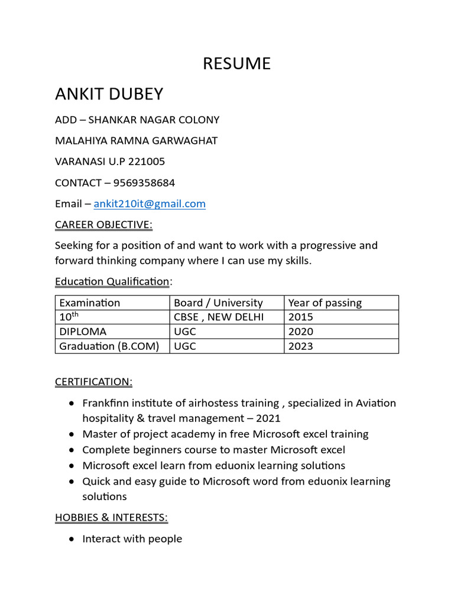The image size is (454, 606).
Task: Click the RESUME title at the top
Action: [236, 64]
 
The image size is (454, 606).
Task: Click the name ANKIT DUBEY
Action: [109, 94]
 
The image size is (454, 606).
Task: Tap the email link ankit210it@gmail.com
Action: [150, 204]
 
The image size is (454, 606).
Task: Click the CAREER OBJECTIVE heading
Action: [103, 225]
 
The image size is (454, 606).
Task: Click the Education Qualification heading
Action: [112, 282]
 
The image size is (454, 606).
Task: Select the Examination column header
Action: [90, 303]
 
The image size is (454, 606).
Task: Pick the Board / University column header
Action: [218, 303]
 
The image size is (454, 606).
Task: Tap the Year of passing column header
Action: [325, 303]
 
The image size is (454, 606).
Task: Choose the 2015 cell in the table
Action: [300, 317]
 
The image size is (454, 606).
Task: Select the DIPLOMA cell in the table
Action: [83, 331]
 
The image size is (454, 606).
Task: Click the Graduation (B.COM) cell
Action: [109, 346]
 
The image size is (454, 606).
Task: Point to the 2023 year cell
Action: [300, 346]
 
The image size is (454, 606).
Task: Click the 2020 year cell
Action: [300, 331]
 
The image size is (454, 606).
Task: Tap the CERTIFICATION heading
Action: [93, 382]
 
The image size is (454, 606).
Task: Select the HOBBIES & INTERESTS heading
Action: [111, 518]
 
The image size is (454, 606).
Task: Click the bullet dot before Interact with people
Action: [72, 539]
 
